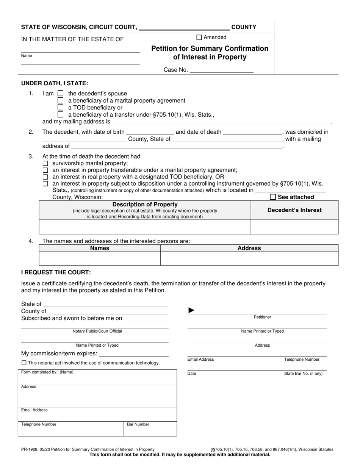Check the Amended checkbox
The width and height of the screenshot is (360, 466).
(x=199, y=38)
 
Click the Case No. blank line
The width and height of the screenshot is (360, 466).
(x=221, y=70)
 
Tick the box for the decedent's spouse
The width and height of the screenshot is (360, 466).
(x=60, y=94)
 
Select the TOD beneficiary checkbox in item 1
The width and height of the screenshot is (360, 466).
(x=60, y=108)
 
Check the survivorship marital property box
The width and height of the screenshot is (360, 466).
(x=45, y=163)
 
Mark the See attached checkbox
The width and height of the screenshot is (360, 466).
(x=273, y=197)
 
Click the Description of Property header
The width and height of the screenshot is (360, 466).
(x=145, y=205)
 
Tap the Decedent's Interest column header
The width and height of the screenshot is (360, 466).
(x=294, y=210)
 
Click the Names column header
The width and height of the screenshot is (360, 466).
(x=100, y=248)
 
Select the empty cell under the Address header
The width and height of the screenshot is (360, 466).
(x=249, y=258)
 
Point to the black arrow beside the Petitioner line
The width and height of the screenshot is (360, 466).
(x=191, y=311)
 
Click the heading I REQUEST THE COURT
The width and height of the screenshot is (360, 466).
(x=56, y=272)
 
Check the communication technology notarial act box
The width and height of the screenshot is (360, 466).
(x=24, y=363)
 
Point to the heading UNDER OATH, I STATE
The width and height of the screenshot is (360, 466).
(x=55, y=83)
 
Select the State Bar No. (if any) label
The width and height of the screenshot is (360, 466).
(x=303, y=374)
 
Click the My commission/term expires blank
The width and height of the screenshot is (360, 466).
(x=133, y=354)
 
